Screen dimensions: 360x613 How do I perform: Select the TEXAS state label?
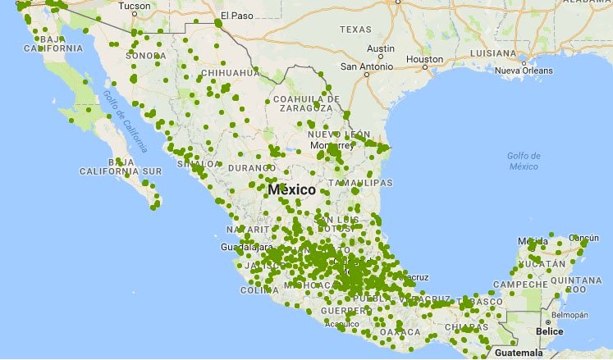coord(355,30)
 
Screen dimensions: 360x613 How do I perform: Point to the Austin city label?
coord(381,48)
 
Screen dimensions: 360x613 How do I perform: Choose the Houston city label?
coord(424,59)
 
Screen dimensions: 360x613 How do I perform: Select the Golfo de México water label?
coord(523,161)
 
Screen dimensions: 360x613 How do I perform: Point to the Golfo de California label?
coord(129,122)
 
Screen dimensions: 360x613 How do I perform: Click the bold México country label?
coord(291,189)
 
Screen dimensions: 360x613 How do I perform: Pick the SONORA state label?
coord(145,56)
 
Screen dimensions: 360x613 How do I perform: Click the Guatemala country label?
coord(520,353)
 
